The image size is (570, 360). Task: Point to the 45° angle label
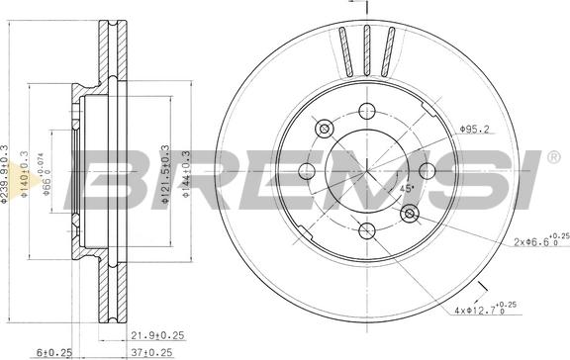tap(406, 188)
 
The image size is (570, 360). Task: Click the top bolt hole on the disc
tap(367, 112)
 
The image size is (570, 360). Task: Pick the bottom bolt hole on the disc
tap(367, 230)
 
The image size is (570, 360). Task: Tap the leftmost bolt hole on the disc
tap(308, 171)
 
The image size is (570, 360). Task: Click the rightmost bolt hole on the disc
tap(427, 171)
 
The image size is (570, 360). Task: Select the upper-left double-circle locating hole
tap(325, 129)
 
